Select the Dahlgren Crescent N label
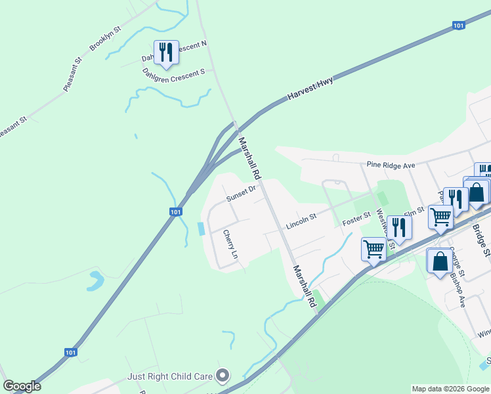(175, 52)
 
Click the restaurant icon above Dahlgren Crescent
(165, 52)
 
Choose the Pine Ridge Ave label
(391, 165)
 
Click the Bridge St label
(481, 240)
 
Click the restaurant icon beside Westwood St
(398, 227)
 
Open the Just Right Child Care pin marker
(223, 376)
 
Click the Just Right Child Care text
(170, 376)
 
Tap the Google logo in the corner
(22, 386)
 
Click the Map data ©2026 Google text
(450, 389)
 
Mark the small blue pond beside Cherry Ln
(200, 229)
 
